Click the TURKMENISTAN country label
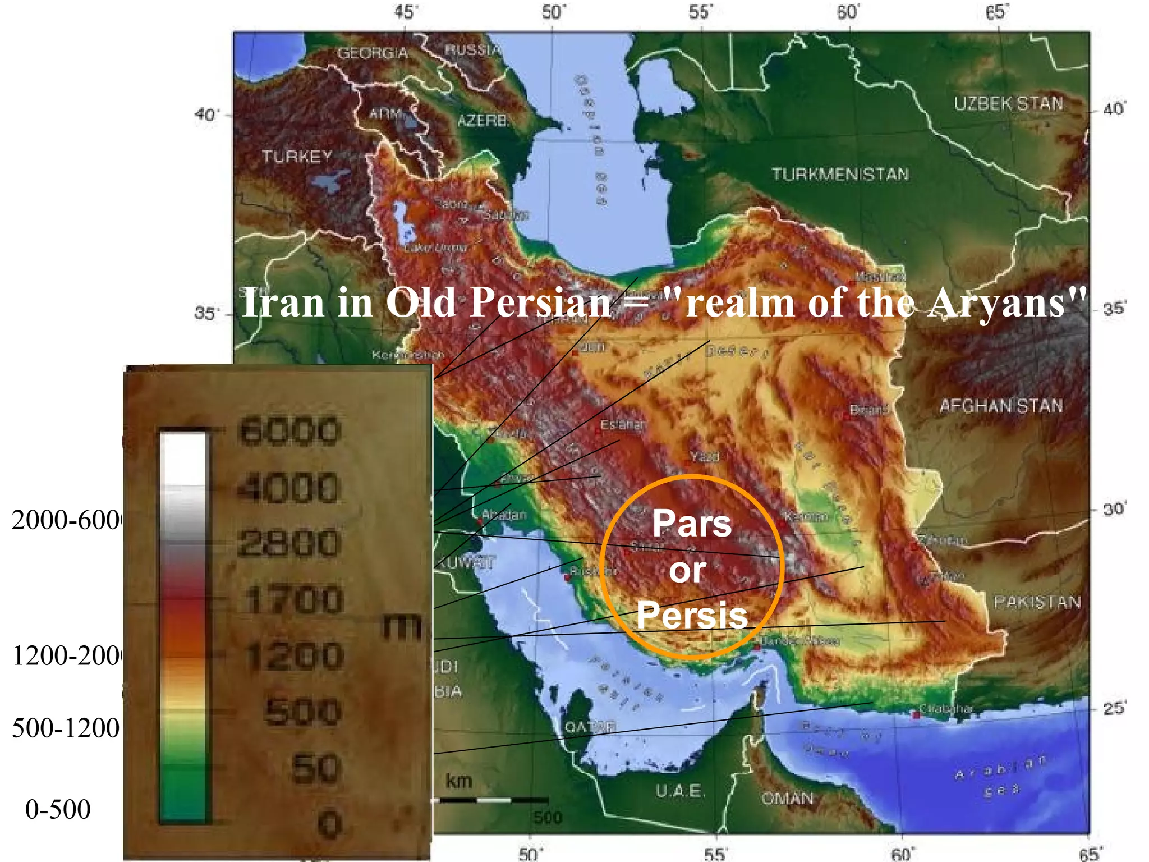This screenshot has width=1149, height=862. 840,175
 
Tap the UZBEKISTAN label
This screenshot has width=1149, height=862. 1008,104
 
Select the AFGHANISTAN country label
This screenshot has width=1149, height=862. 1001,406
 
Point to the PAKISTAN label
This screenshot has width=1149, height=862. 1037,602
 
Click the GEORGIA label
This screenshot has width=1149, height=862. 373,53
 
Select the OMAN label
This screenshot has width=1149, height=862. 787,798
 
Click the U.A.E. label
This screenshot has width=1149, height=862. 679,791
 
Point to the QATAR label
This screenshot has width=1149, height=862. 590,727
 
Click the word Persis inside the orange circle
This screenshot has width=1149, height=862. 692,615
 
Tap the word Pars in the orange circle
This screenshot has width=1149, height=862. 692,523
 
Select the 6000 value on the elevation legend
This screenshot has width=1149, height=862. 289,432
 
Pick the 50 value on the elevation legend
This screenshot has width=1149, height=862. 316,768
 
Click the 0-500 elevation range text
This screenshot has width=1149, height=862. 58,809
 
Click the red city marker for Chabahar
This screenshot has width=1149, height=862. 916,715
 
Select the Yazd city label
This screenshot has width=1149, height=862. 704,457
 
